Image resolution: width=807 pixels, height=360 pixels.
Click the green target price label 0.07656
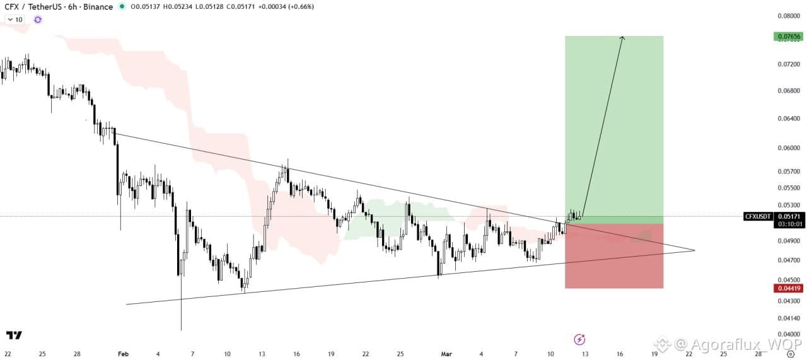click(x=787, y=37)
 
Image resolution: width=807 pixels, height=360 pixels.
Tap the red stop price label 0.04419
click(x=787, y=289)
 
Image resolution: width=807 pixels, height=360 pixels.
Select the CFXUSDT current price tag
click(x=757, y=216)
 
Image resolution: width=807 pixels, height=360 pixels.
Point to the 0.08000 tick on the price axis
click(x=789, y=16)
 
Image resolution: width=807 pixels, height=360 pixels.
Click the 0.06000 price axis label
click(x=789, y=148)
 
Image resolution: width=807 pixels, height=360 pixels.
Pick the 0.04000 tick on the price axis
click(x=789, y=334)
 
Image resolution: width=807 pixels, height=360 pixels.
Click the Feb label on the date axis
click(x=123, y=354)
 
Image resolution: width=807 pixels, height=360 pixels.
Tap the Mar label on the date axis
click(x=446, y=354)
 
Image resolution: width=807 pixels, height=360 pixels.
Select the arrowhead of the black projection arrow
click(x=622, y=38)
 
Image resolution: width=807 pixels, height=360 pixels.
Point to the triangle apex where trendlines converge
click(x=694, y=250)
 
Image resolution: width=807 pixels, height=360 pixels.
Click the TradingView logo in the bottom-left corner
click(x=14, y=335)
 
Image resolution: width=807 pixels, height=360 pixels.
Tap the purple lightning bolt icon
click(x=579, y=340)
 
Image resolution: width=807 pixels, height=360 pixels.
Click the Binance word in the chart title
click(x=98, y=7)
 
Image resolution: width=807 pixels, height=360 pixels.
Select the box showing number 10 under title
click(x=15, y=20)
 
